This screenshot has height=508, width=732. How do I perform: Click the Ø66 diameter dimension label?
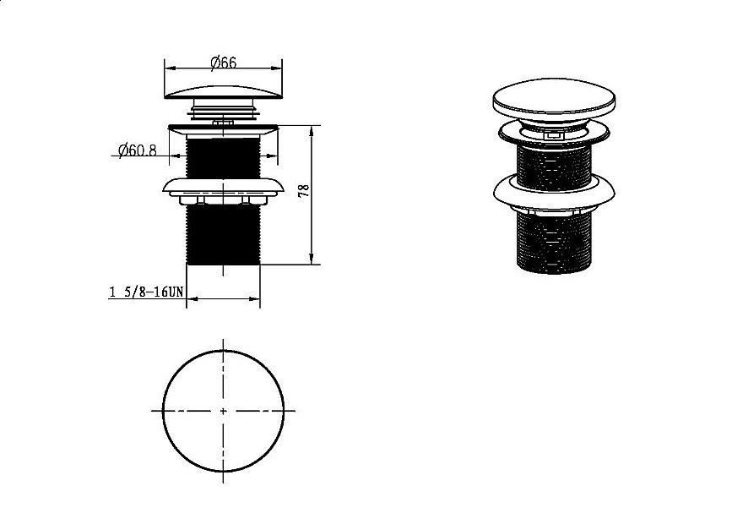click(223, 63)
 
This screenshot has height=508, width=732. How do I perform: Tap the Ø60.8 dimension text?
click(138, 150)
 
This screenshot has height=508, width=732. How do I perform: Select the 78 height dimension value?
click(304, 190)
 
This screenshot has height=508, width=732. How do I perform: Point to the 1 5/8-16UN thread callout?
click(147, 292)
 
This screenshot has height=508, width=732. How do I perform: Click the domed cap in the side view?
click(224, 91)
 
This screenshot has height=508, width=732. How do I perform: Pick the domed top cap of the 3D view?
click(554, 99)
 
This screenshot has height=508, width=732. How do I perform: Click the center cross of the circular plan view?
click(223, 411)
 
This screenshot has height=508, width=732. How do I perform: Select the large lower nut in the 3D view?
click(554, 191)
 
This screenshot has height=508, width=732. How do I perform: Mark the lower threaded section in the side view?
click(224, 235)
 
